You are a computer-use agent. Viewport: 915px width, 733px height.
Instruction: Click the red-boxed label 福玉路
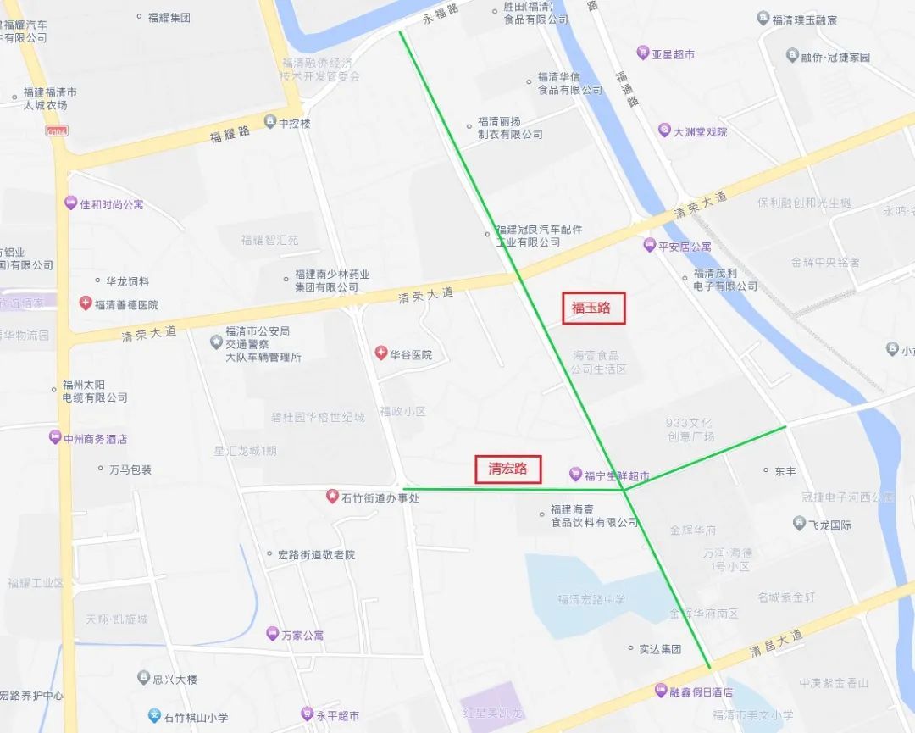[x=593, y=308]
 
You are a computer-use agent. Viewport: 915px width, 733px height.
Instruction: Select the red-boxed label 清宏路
[x=507, y=468]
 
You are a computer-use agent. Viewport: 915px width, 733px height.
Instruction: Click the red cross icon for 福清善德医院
[x=85, y=303]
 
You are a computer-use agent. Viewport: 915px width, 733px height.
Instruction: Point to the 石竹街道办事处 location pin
[x=332, y=496]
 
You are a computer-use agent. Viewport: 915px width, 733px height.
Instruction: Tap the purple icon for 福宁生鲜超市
[x=575, y=475]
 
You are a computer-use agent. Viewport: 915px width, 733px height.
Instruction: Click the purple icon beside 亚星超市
[x=643, y=53]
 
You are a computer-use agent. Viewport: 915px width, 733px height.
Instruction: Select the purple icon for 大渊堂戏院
[x=665, y=130]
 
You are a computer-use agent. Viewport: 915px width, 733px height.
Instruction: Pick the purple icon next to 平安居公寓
[x=649, y=245]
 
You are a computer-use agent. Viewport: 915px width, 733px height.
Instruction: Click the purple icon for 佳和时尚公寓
[x=70, y=203]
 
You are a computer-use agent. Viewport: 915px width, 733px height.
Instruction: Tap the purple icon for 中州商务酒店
[x=55, y=438]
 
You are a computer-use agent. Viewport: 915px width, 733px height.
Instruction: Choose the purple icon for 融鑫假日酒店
[x=660, y=691]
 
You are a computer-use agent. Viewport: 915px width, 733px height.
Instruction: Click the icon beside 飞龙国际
[x=799, y=524]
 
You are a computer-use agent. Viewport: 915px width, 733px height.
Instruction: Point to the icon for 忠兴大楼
[x=143, y=677]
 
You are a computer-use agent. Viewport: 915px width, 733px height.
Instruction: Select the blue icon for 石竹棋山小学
[x=154, y=715]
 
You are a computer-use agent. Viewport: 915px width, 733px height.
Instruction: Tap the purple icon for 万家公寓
[x=272, y=633]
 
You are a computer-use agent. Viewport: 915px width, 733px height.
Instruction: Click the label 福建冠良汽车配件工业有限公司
[x=539, y=236]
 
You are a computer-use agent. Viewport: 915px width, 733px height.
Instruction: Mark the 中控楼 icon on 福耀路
[x=270, y=122]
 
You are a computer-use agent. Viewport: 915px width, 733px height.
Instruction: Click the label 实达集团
[x=660, y=648]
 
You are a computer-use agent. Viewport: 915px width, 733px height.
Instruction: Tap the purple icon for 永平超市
[x=307, y=714]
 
